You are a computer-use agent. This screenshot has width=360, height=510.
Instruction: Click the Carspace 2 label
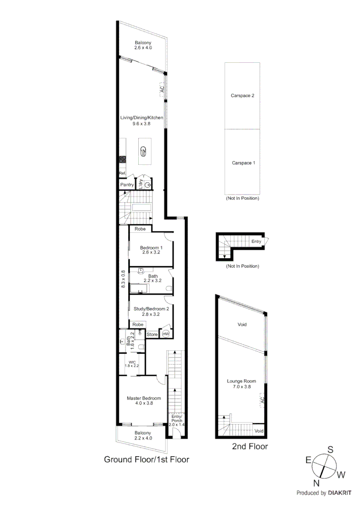click(243, 95)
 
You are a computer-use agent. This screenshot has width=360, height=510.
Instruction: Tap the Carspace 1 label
click(243, 163)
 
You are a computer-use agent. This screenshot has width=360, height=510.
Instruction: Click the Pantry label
click(127, 185)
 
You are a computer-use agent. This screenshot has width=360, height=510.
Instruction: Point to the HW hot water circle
click(165, 334)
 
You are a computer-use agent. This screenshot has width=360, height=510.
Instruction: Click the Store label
click(152, 334)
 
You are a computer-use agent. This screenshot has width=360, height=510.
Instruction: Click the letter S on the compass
click(331, 449)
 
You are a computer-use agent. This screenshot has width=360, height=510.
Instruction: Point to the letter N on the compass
click(317, 483)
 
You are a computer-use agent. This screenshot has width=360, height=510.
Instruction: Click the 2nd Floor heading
click(250, 446)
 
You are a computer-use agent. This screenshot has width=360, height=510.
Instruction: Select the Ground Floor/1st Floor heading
click(146, 459)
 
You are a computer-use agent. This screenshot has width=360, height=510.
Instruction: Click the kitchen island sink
click(143, 151)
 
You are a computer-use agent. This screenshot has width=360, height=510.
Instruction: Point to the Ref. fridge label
click(122, 174)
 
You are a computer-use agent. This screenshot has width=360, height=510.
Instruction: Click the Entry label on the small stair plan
click(256, 241)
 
